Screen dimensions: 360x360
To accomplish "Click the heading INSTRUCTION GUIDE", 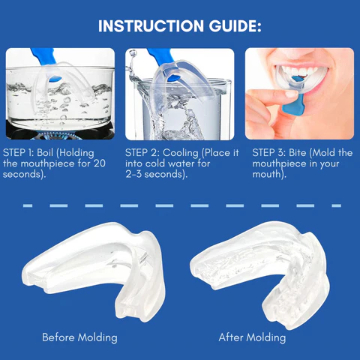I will pos(180,26).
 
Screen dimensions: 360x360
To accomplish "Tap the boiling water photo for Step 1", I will pos(61,94).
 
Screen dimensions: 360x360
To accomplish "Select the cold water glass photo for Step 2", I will pos(180,94).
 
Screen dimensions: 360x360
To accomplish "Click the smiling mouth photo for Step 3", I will pos(298,94).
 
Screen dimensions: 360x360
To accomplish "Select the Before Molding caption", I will pos(79,337).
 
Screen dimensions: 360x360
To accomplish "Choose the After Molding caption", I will pos(252,337).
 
